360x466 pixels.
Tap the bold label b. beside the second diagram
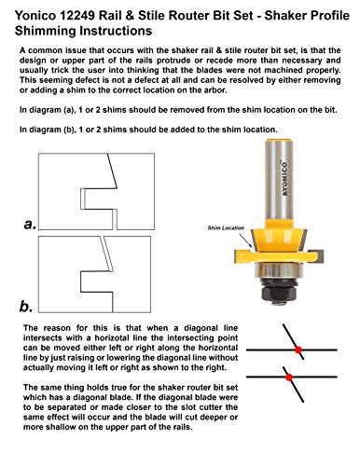pyautogui.click(x=29, y=305)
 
